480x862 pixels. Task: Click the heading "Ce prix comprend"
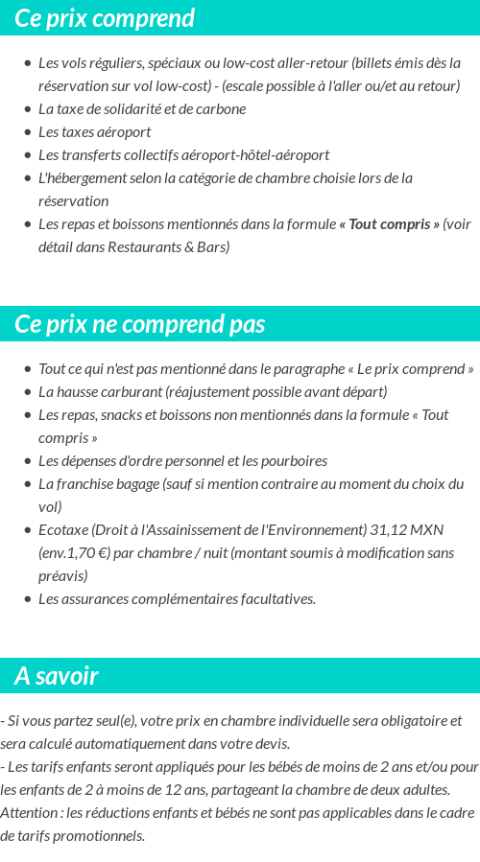click(105, 18)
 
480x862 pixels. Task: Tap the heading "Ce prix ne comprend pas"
click(140, 324)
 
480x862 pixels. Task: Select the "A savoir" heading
click(57, 676)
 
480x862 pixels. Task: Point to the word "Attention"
click(30, 813)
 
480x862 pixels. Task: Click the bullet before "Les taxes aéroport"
click(28, 132)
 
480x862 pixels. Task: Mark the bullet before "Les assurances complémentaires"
click(28, 599)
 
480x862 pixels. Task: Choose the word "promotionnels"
click(100, 836)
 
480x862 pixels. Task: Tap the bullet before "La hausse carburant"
click(28, 392)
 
